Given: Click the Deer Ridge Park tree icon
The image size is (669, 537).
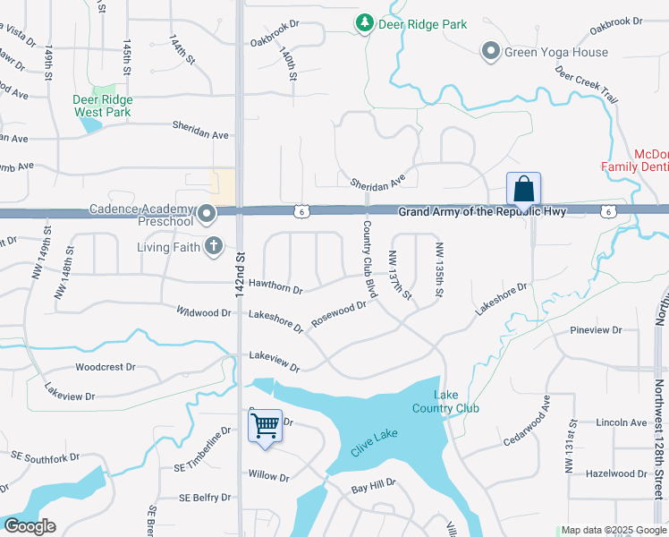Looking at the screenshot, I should (x=364, y=23).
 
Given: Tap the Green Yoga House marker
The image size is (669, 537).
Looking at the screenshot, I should (x=490, y=52).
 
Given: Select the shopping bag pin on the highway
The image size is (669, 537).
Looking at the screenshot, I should (x=523, y=190).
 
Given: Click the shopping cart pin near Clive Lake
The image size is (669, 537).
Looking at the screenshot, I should (x=265, y=427).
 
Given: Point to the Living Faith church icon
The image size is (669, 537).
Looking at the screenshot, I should (x=213, y=246).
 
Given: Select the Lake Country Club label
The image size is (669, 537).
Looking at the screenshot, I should (x=445, y=402).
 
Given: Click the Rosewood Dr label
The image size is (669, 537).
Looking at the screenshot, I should (x=338, y=314).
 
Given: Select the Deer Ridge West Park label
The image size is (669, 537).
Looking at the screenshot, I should (x=102, y=107).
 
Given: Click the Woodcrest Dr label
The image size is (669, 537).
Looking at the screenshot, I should (x=105, y=367).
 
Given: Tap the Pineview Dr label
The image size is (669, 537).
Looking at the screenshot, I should (x=596, y=330).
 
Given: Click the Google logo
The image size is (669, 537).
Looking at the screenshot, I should (x=29, y=526).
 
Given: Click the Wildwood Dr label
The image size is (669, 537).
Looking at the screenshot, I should (x=204, y=313).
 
